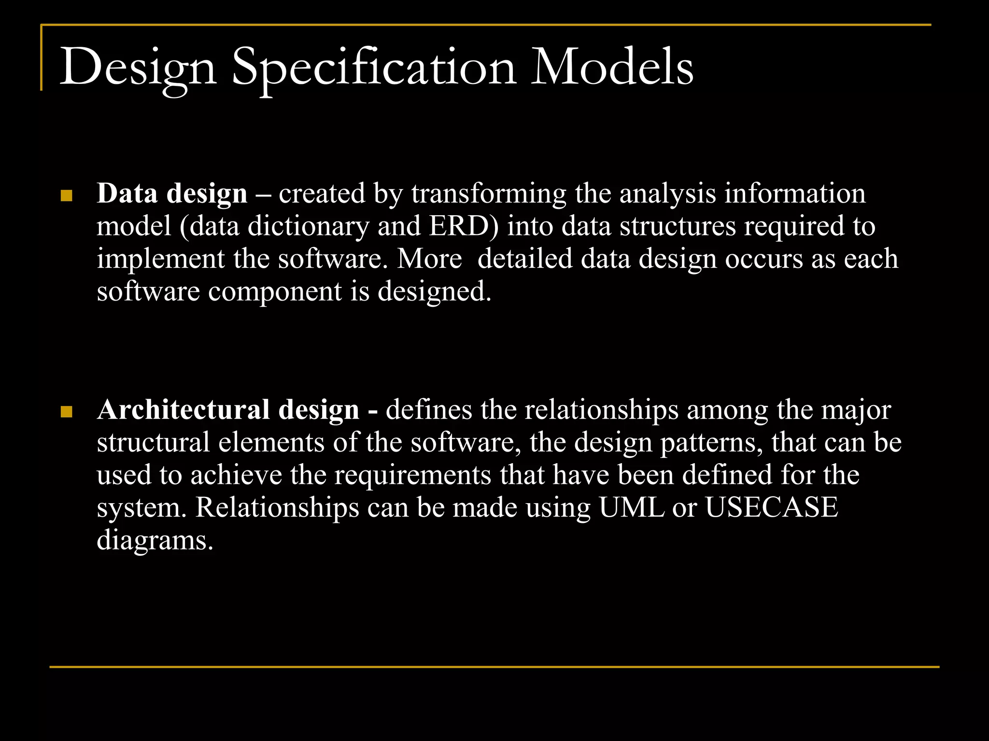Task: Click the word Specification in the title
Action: click(x=374, y=68)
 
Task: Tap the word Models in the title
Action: click(x=611, y=68)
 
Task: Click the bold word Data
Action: click(x=127, y=194)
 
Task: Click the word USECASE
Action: click(x=771, y=508)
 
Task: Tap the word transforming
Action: click(x=488, y=194)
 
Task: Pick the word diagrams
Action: click(x=155, y=540)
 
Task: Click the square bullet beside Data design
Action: click(x=67, y=196)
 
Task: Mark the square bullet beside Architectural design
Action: click(x=67, y=412)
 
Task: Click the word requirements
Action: click(x=413, y=475)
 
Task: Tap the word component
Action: click(x=275, y=291)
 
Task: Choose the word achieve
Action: click(x=236, y=475)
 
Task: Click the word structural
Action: click(x=153, y=442)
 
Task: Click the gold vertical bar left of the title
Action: click(x=42, y=58)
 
